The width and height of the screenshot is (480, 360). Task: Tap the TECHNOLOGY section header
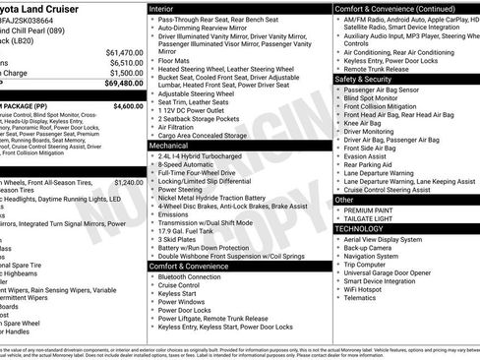point(359,228)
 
